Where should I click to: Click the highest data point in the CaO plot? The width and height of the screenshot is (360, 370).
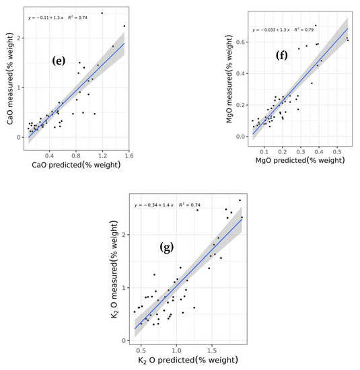click(x=102, y=13)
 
